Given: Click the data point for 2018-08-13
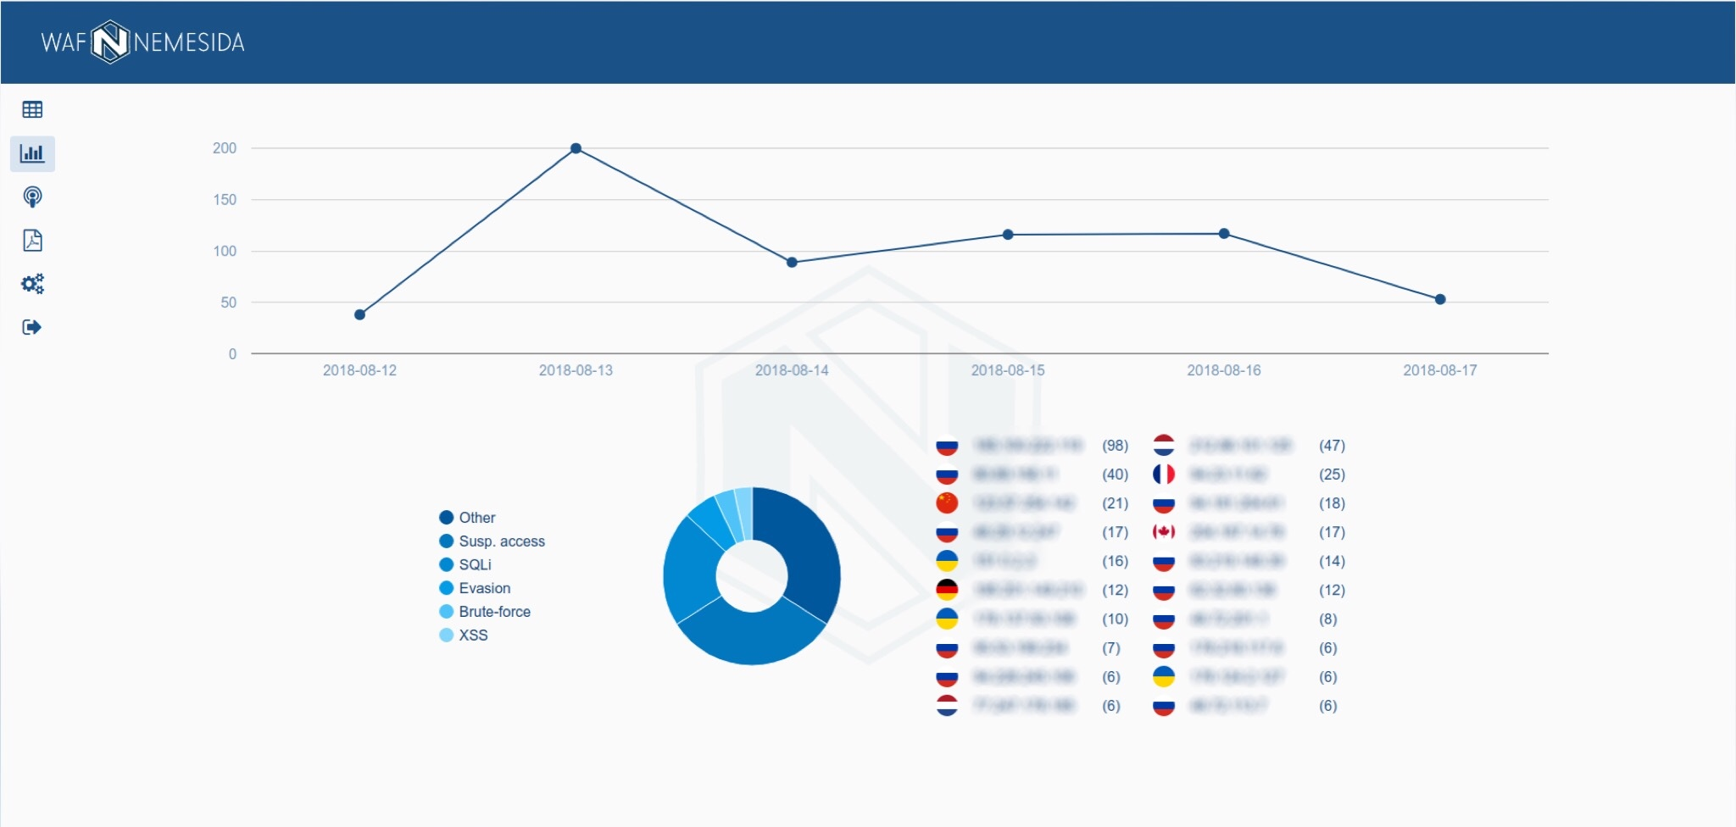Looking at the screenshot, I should click(x=576, y=148).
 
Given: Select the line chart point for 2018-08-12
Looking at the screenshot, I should click(x=359, y=314).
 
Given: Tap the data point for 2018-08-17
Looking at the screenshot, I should click(x=1439, y=299).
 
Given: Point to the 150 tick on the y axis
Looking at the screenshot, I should click(x=225, y=200).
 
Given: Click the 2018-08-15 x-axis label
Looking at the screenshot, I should click(x=1007, y=370).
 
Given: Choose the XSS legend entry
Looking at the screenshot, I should click(x=473, y=636).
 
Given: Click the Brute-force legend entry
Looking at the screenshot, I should click(x=494, y=612).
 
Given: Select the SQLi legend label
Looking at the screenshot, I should click(x=475, y=564).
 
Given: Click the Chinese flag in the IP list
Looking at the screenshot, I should click(x=947, y=503).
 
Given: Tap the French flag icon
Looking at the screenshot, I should click(x=1164, y=475).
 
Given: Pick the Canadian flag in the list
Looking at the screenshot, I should click(x=1164, y=532).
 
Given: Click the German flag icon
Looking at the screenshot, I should click(x=947, y=590).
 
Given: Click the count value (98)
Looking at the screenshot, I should click(x=1115, y=446).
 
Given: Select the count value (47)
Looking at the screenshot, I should click(x=1332, y=446).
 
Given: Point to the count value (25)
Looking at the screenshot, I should click(x=1332, y=475).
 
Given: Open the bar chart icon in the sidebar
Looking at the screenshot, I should click(x=32, y=153).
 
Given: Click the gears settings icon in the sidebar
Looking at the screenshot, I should click(x=32, y=284).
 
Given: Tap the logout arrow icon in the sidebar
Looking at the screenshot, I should click(x=32, y=327).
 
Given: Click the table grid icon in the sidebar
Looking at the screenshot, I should click(x=32, y=109).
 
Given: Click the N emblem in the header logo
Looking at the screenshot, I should click(x=110, y=42).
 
